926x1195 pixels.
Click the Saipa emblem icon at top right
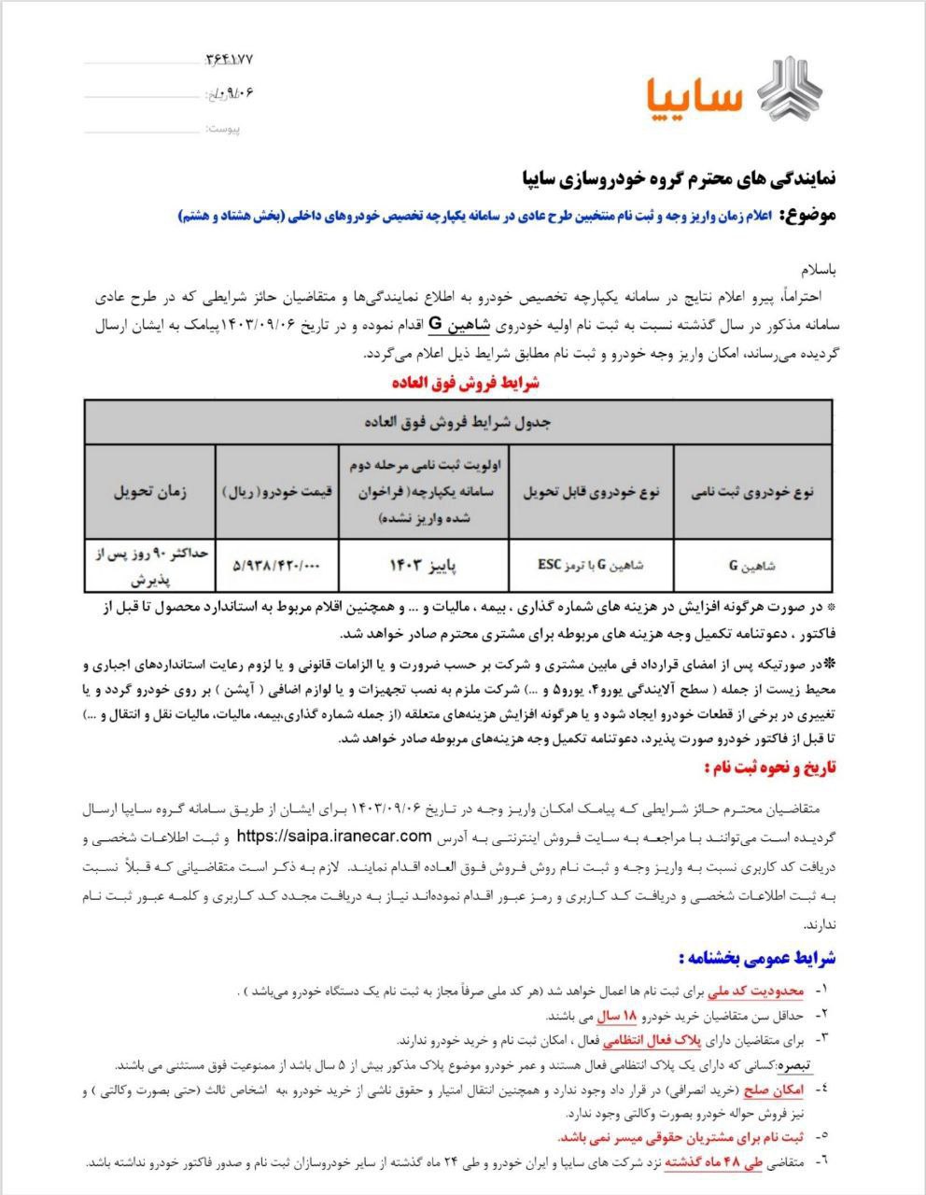point(790,90)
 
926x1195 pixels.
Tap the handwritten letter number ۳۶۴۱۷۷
point(229,60)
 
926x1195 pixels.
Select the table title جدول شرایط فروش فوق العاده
point(457,422)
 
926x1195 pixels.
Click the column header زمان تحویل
point(149,492)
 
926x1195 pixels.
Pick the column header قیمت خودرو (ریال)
point(276,492)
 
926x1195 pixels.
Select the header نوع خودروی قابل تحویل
point(591,492)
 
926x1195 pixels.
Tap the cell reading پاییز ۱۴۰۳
point(423,565)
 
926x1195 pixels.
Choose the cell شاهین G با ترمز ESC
point(591,565)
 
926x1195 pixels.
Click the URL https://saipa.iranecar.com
point(333,835)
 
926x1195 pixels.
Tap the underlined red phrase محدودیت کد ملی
point(752,989)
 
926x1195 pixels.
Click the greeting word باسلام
point(816,270)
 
